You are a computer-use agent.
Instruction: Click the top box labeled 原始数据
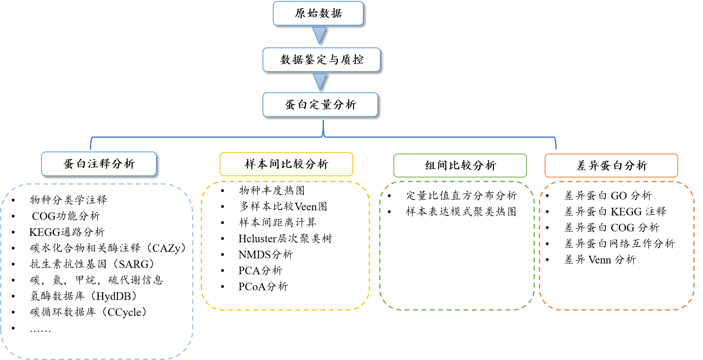click(x=318, y=14)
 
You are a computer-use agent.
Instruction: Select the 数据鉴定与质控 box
click(x=322, y=60)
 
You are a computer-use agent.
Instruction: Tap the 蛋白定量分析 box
click(x=320, y=105)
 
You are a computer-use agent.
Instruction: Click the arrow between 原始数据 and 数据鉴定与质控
click(x=320, y=35)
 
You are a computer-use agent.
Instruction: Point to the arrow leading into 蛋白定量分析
click(x=320, y=82)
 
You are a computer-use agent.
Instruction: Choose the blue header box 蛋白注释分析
click(x=99, y=164)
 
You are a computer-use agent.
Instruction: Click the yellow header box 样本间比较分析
click(x=286, y=164)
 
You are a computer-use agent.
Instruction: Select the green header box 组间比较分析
click(x=460, y=166)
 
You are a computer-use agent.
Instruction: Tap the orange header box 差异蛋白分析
click(x=611, y=166)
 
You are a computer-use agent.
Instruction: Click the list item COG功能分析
click(x=66, y=216)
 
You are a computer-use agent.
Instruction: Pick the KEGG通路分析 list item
click(x=67, y=232)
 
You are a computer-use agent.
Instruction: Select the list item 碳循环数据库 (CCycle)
click(x=88, y=312)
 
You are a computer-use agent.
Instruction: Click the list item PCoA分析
click(x=263, y=287)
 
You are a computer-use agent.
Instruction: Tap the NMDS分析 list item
click(x=265, y=255)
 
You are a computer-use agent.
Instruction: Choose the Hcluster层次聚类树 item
click(x=285, y=239)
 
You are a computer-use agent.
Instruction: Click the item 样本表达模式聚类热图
click(x=461, y=212)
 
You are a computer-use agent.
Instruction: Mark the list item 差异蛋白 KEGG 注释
click(x=615, y=212)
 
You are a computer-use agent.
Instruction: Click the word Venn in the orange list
click(x=599, y=260)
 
